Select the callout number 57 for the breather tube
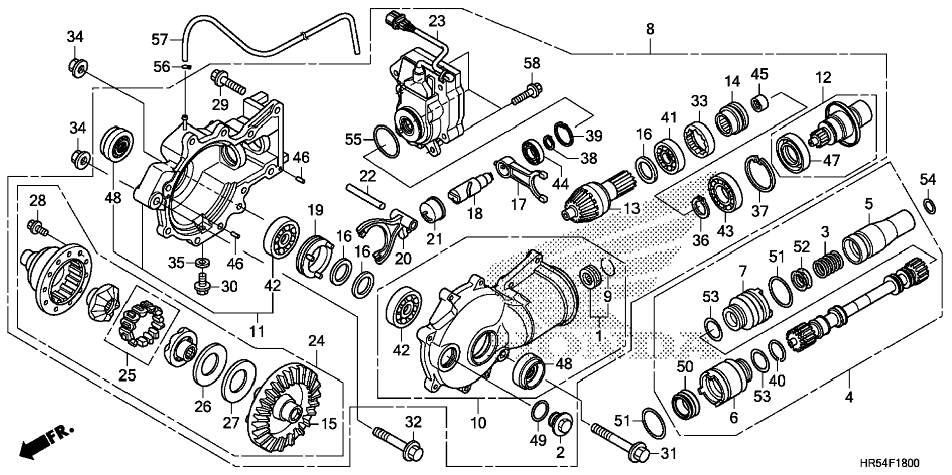159,39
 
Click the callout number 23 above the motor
437,21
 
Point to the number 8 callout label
650,29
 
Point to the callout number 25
127,375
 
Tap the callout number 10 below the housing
478,422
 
